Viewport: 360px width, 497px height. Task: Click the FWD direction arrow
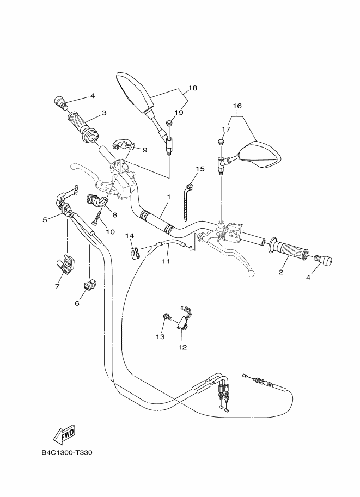(x=64, y=434)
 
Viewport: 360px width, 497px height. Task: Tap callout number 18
(x=192, y=88)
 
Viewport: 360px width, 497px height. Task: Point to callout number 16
(x=237, y=106)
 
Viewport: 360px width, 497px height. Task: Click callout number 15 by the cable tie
(x=200, y=169)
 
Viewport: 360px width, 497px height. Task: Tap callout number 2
(x=282, y=272)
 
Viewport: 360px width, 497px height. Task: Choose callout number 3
(x=103, y=114)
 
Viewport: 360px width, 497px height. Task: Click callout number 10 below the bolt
(x=110, y=231)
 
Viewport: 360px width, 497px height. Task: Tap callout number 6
(x=77, y=303)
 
